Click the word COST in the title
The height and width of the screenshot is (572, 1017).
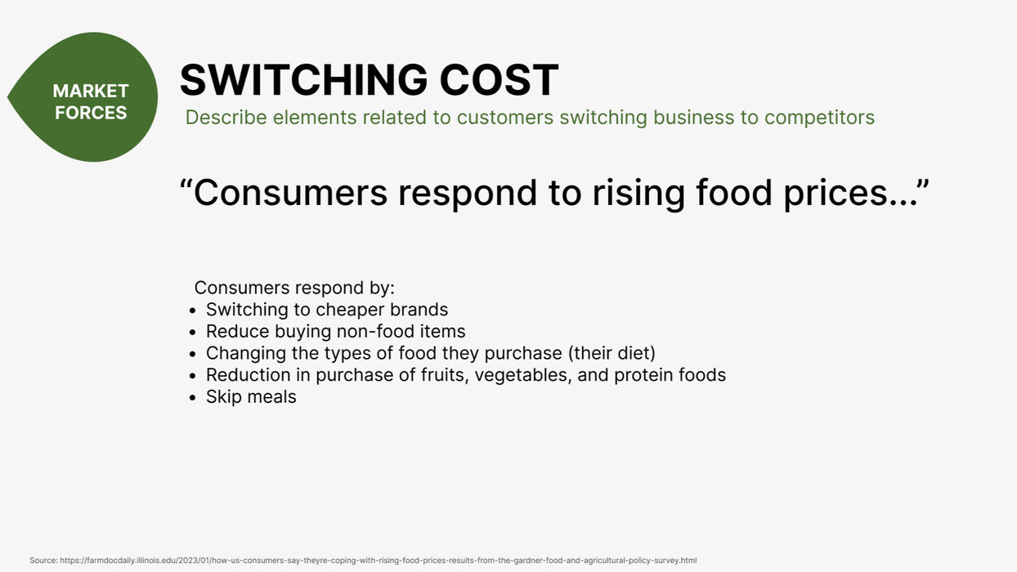pos(499,79)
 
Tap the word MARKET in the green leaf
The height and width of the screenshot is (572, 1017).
pos(91,91)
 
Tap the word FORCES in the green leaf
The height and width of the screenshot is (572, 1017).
pos(91,113)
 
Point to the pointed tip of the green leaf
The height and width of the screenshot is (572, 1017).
pos(7,96)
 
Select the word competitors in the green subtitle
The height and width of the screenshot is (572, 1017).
pos(819,118)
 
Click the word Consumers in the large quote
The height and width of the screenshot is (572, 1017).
pos(290,193)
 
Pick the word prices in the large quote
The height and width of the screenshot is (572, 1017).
pos(835,194)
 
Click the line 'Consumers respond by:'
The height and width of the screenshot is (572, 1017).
pos(294,288)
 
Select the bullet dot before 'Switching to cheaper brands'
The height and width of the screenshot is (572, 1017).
pos(193,311)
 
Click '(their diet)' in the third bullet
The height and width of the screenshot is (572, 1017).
pos(612,353)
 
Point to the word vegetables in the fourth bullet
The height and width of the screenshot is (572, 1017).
pos(523,375)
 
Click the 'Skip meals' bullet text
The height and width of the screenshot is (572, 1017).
pos(251,397)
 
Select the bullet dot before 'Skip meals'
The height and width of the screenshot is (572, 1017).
pos(193,398)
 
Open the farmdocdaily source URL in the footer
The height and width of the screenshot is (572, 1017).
pos(379,561)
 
